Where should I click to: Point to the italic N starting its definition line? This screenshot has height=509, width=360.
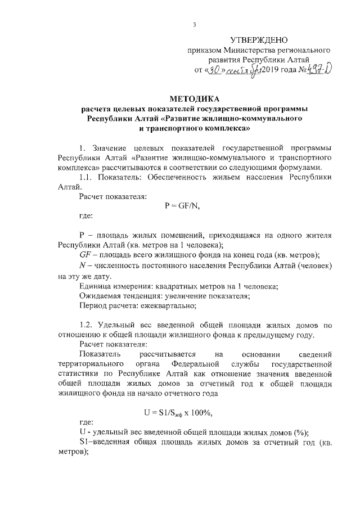83,265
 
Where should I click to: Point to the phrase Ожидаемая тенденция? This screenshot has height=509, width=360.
119,295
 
